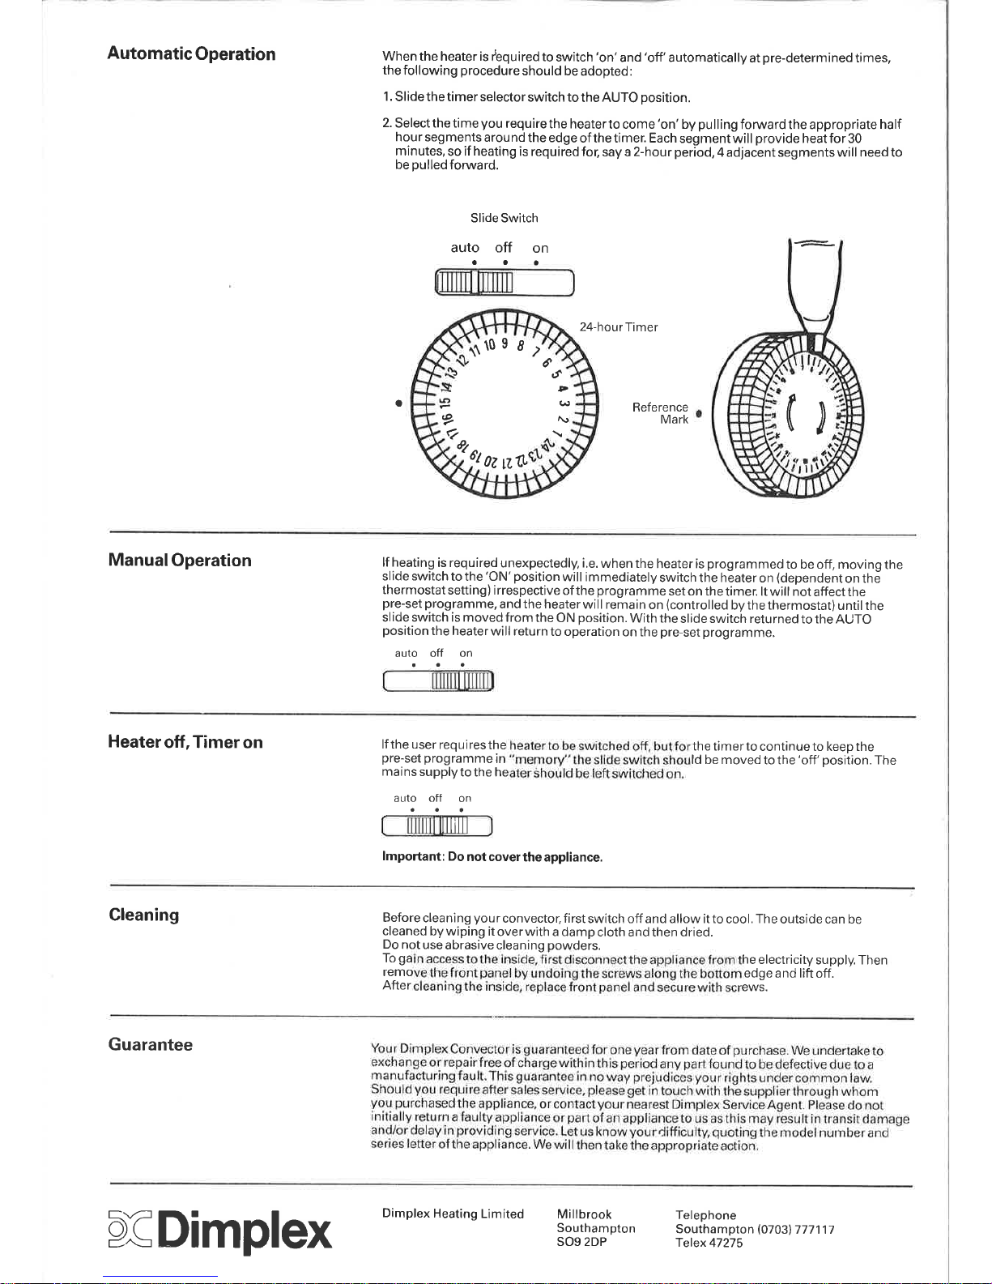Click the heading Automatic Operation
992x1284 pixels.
[191, 54]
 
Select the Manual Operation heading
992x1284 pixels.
[180, 561]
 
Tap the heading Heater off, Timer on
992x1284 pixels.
[185, 742]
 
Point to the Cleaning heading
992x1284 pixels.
[144, 915]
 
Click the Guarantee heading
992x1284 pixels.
[151, 1044]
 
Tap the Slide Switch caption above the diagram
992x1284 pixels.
[504, 218]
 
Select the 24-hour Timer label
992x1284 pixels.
[619, 327]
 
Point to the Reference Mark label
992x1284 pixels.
[661, 413]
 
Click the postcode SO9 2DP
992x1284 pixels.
[582, 1242]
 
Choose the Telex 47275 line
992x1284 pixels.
[709, 1243]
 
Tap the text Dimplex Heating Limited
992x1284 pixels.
[453, 1214]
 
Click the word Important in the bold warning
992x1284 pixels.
[411, 857]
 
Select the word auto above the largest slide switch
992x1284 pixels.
[465, 248]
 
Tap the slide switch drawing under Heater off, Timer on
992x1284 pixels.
[437, 826]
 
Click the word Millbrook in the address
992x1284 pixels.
[584, 1214]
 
